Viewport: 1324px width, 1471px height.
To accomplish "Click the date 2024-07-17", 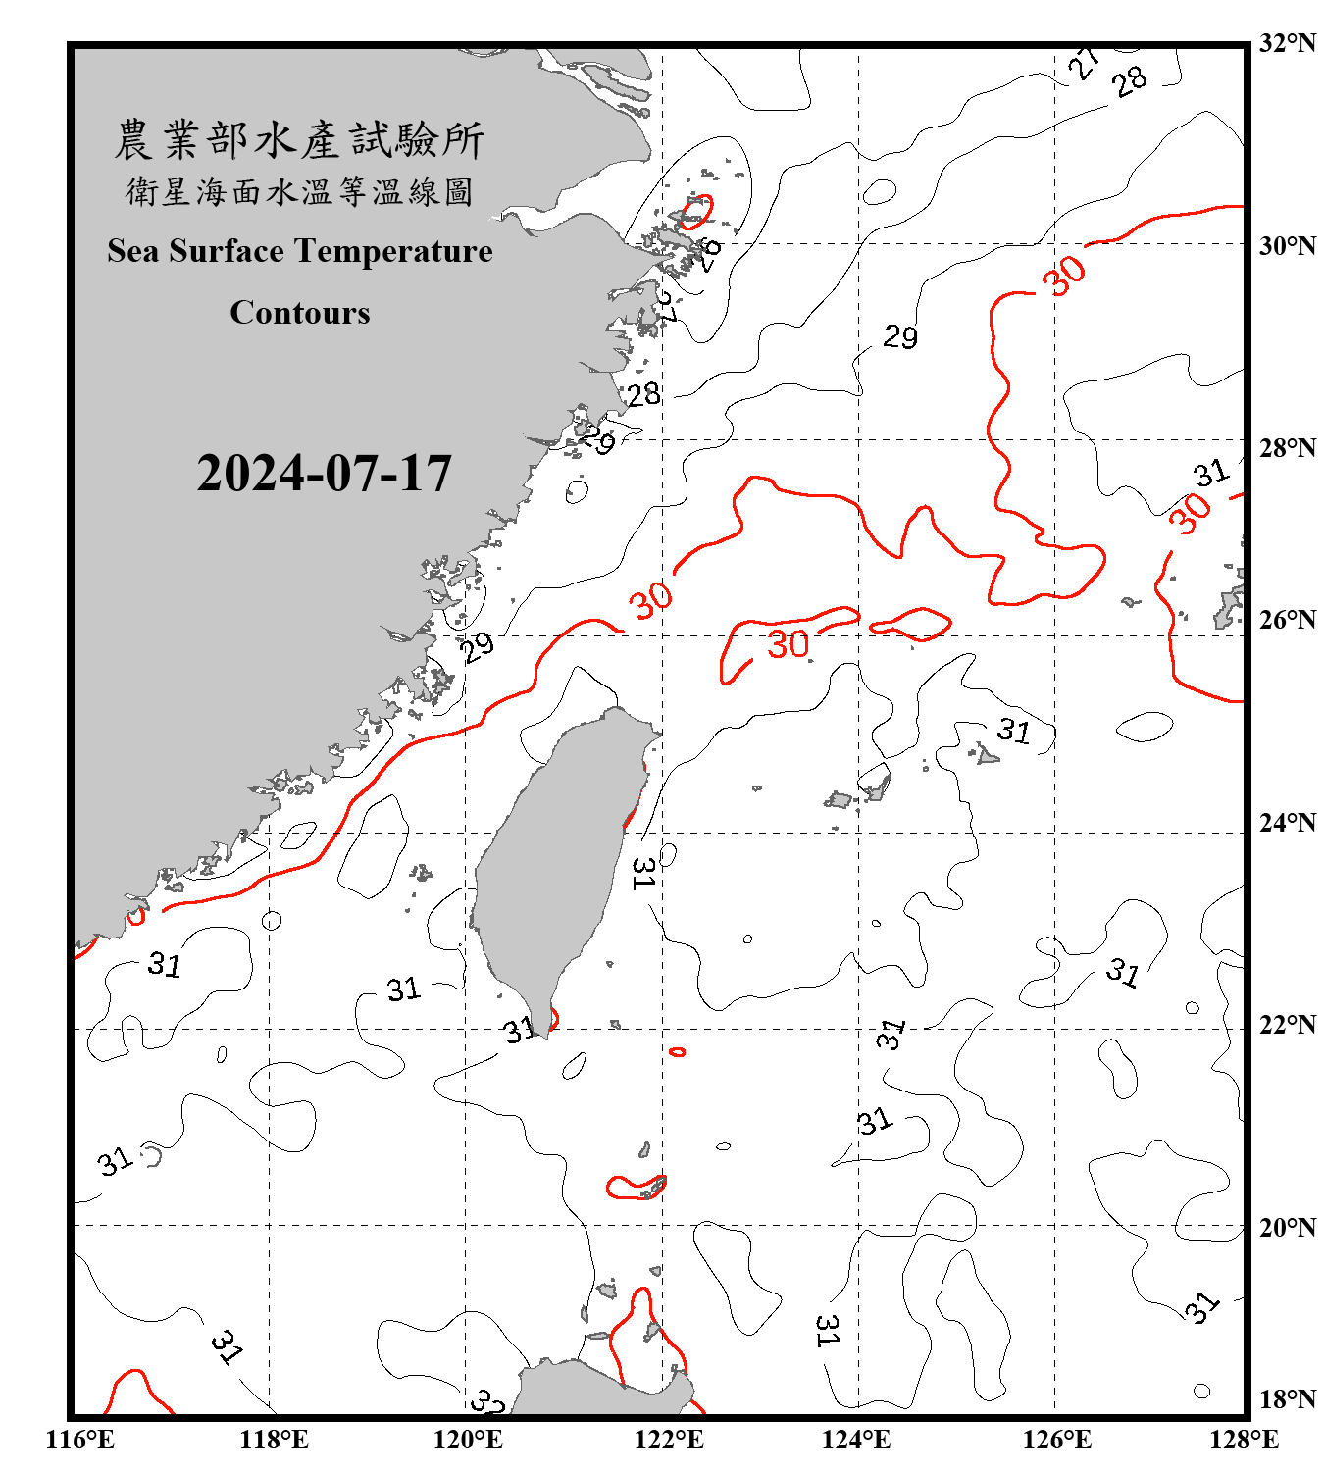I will [324, 474].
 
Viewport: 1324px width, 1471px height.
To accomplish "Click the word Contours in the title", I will [300, 313].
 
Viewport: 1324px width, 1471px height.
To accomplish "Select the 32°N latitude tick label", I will [1287, 43].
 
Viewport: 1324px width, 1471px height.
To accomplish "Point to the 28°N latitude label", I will [1287, 448].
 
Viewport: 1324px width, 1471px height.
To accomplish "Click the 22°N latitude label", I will [1287, 1025].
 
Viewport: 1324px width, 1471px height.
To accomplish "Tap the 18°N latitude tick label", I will [1287, 1399].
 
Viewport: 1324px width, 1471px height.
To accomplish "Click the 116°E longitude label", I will [80, 1440].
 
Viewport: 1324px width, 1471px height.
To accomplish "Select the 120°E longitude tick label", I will [468, 1440].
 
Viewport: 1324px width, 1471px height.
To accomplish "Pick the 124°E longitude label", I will [856, 1440].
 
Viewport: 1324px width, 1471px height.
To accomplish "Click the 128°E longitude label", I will [1244, 1440].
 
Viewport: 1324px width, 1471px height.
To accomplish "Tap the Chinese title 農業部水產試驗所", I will [299, 140].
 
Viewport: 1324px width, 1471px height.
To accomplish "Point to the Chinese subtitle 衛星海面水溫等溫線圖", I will [299, 192].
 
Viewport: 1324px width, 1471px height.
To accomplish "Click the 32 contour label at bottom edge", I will [487, 1402].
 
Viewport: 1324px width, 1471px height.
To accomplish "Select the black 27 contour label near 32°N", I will [1084, 63].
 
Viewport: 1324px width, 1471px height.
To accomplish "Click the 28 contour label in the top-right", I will [1130, 80].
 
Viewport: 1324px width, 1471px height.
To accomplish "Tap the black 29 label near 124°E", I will [900, 337].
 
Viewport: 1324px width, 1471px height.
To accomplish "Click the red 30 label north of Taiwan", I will [651, 598].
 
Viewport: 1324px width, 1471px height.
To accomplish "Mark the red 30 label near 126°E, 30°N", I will [1065, 275].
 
